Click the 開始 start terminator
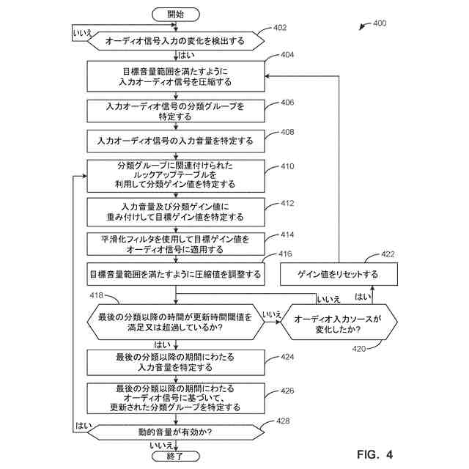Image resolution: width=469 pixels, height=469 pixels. pyautogui.click(x=175, y=14)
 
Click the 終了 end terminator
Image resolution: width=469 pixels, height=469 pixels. pyautogui.click(x=175, y=456)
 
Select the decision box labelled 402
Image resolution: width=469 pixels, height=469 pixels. pyautogui.click(x=175, y=41)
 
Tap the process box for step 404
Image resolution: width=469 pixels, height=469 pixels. pyautogui.click(x=175, y=76)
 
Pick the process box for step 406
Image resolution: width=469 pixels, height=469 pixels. pyautogui.click(x=175, y=111)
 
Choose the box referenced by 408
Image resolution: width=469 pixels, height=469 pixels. pyautogui.click(x=175, y=140)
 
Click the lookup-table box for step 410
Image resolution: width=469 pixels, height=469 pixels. pyautogui.click(x=175, y=174)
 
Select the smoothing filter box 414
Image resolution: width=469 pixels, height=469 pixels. pyautogui.click(x=175, y=244)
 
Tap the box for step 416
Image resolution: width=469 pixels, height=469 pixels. pyautogui.click(x=175, y=274)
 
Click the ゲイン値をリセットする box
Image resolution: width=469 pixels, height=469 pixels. pyautogui.click(x=338, y=274)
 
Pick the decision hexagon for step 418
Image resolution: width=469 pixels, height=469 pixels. pyautogui.click(x=175, y=322)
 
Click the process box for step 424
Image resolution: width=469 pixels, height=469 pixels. pyautogui.click(x=175, y=361)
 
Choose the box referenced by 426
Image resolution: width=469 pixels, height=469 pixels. pyautogui.click(x=175, y=396)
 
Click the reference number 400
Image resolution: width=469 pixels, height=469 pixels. pyautogui.click(x=380, y=23)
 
